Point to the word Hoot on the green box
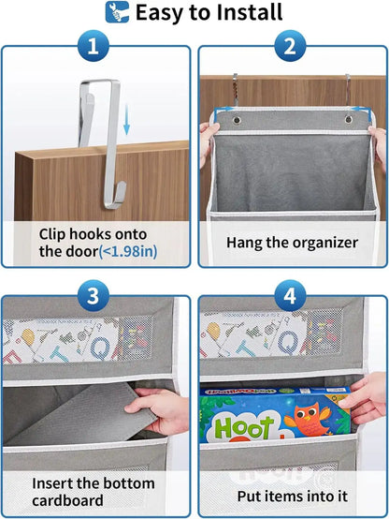pyautogui.click(x=246, y=427)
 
